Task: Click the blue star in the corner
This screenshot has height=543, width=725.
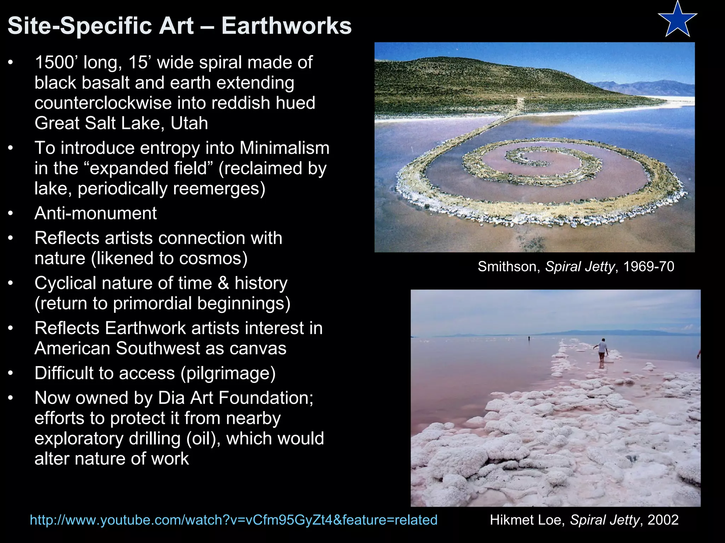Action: click(677, 21)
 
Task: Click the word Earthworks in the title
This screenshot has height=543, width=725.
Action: click(286, 26)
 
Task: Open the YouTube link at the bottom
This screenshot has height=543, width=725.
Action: click(234, 520)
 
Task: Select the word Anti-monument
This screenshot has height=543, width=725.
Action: click(96, 213)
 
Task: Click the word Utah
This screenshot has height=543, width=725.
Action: click(189, 123)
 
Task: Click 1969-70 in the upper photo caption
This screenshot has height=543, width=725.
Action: click(649, 267)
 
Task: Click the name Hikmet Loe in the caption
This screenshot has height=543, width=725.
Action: click(527, 520)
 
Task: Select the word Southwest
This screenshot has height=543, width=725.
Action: click(158, 349)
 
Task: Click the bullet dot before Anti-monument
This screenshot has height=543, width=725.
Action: click(11, 214)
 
